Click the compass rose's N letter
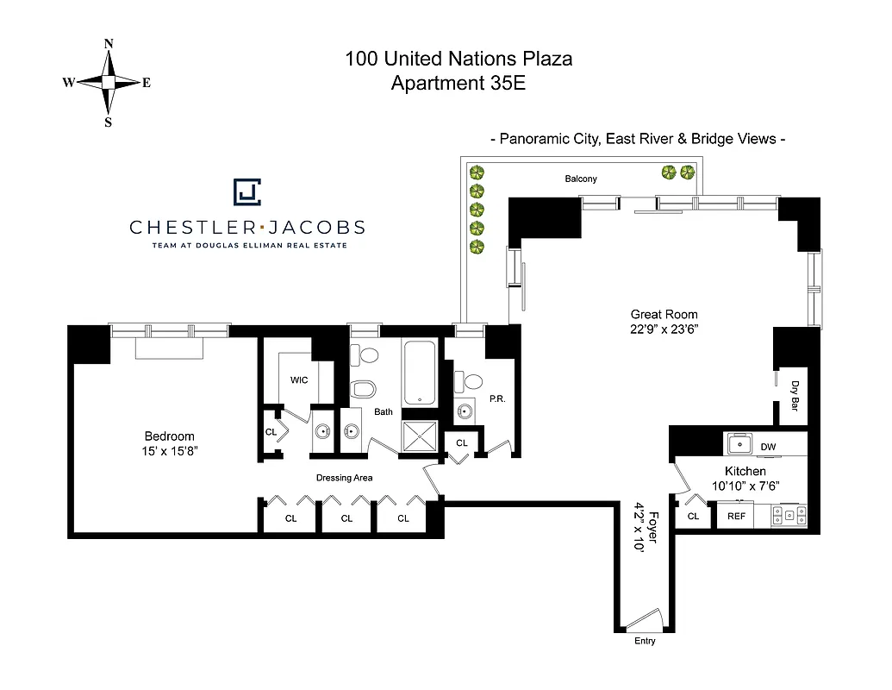click(x=109, y=43)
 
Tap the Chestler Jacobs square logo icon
click(x=247, y=192)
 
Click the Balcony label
click(x=581, y=179)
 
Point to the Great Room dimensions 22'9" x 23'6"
click(x=664, y=329)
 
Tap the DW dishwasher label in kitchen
click(x=768, y=446)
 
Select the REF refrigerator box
click(x=736, y=516)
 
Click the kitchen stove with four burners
click(x=789, y=516)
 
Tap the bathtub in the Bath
click(x=421, y=373)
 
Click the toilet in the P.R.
click(x=472, y=380)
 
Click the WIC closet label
click(x=299, y=380)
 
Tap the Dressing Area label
click(x=345, y=478)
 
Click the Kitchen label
click(x=745, y=471)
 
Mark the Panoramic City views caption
click(x=637, y=139)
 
